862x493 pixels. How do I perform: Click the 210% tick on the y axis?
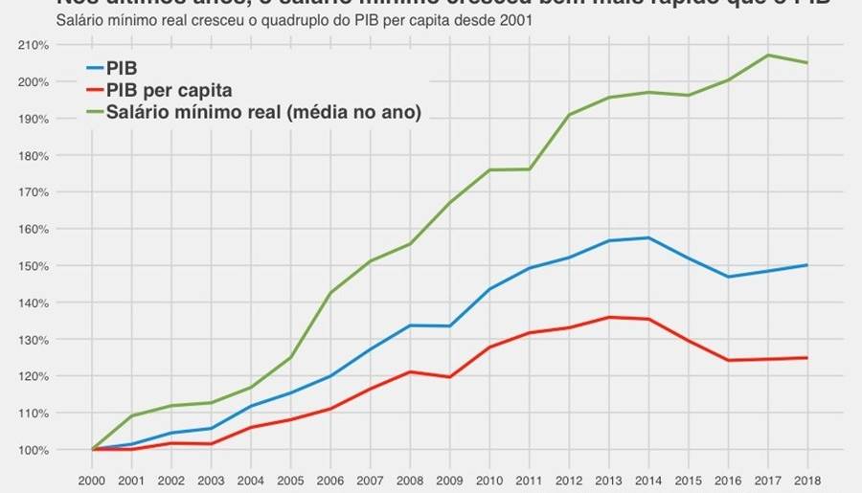click(34, 45)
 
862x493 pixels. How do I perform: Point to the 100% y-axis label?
click(34, 450)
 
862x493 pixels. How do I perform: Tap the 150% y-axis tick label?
click(34, 266)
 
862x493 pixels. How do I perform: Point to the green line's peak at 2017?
click(768, 55)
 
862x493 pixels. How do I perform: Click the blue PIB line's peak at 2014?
click(648, 237)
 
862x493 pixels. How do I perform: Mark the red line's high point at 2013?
click(609, 317)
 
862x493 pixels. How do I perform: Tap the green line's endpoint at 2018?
click(807, 63)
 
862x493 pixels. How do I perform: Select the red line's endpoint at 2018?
click(807, 358)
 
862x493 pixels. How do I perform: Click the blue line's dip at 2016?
click(728, 277)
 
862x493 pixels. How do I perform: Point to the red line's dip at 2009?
click(450, 377)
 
